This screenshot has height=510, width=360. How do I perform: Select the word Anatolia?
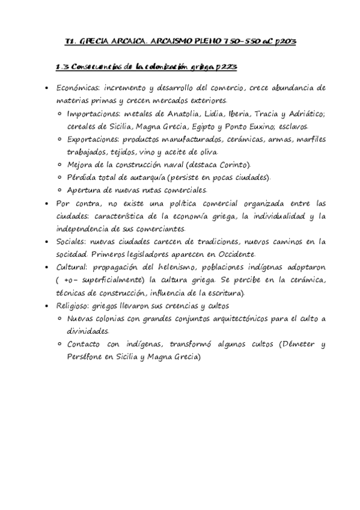[182, 114]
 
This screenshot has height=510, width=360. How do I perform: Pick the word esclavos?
[292, 127]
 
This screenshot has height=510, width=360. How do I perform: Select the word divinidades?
[88, 331]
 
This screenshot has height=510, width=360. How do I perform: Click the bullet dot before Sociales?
[46, 242]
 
